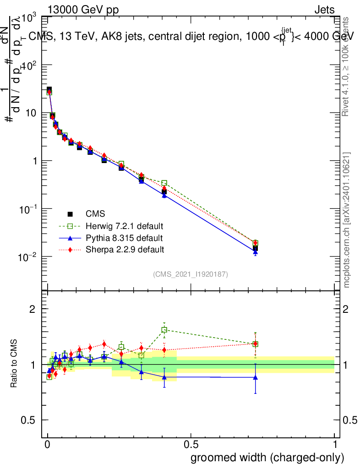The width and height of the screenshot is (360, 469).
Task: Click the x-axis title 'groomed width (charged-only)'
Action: pos(267,458)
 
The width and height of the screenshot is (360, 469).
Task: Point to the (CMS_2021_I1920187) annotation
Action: pos(191,274)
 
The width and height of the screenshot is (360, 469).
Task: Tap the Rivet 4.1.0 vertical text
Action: pos(347,67)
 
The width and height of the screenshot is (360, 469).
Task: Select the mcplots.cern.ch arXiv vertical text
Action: pos(347,220)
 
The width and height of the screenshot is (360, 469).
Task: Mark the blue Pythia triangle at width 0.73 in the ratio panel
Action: pos(255,377)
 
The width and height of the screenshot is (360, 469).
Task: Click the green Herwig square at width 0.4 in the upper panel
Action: pos(164,183)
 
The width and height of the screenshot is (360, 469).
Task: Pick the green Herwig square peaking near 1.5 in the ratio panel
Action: pos(164,330)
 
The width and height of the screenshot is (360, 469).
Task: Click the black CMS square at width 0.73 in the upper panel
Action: pos(255,248)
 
